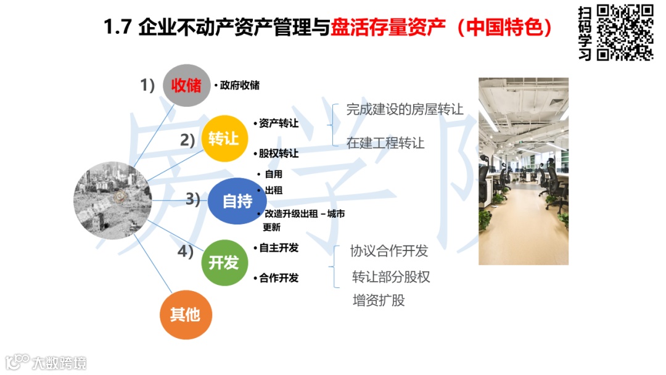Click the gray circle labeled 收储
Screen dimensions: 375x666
pos(186,86)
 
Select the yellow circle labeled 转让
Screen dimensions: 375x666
pos(223,139)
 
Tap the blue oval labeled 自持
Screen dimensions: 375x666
pos(237,200)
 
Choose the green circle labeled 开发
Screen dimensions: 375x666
pos(223,263)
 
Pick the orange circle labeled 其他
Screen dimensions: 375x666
pos(185,315)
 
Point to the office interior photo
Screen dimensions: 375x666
pos(524,171)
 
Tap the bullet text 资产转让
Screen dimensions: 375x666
pos(278,123)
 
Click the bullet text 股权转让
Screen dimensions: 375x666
pos(278,153)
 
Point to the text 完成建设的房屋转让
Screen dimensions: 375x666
pos(405,110)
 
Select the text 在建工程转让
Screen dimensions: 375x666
pos(385,143)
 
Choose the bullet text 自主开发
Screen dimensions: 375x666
pos(278,248)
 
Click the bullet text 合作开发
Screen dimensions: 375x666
pos(278,278)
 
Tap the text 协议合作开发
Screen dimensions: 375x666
pos(389,251)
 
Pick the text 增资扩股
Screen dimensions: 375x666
pos(379,301)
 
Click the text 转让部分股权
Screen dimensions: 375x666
pos(391,277)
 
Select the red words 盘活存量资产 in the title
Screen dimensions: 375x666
pos(388,28)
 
